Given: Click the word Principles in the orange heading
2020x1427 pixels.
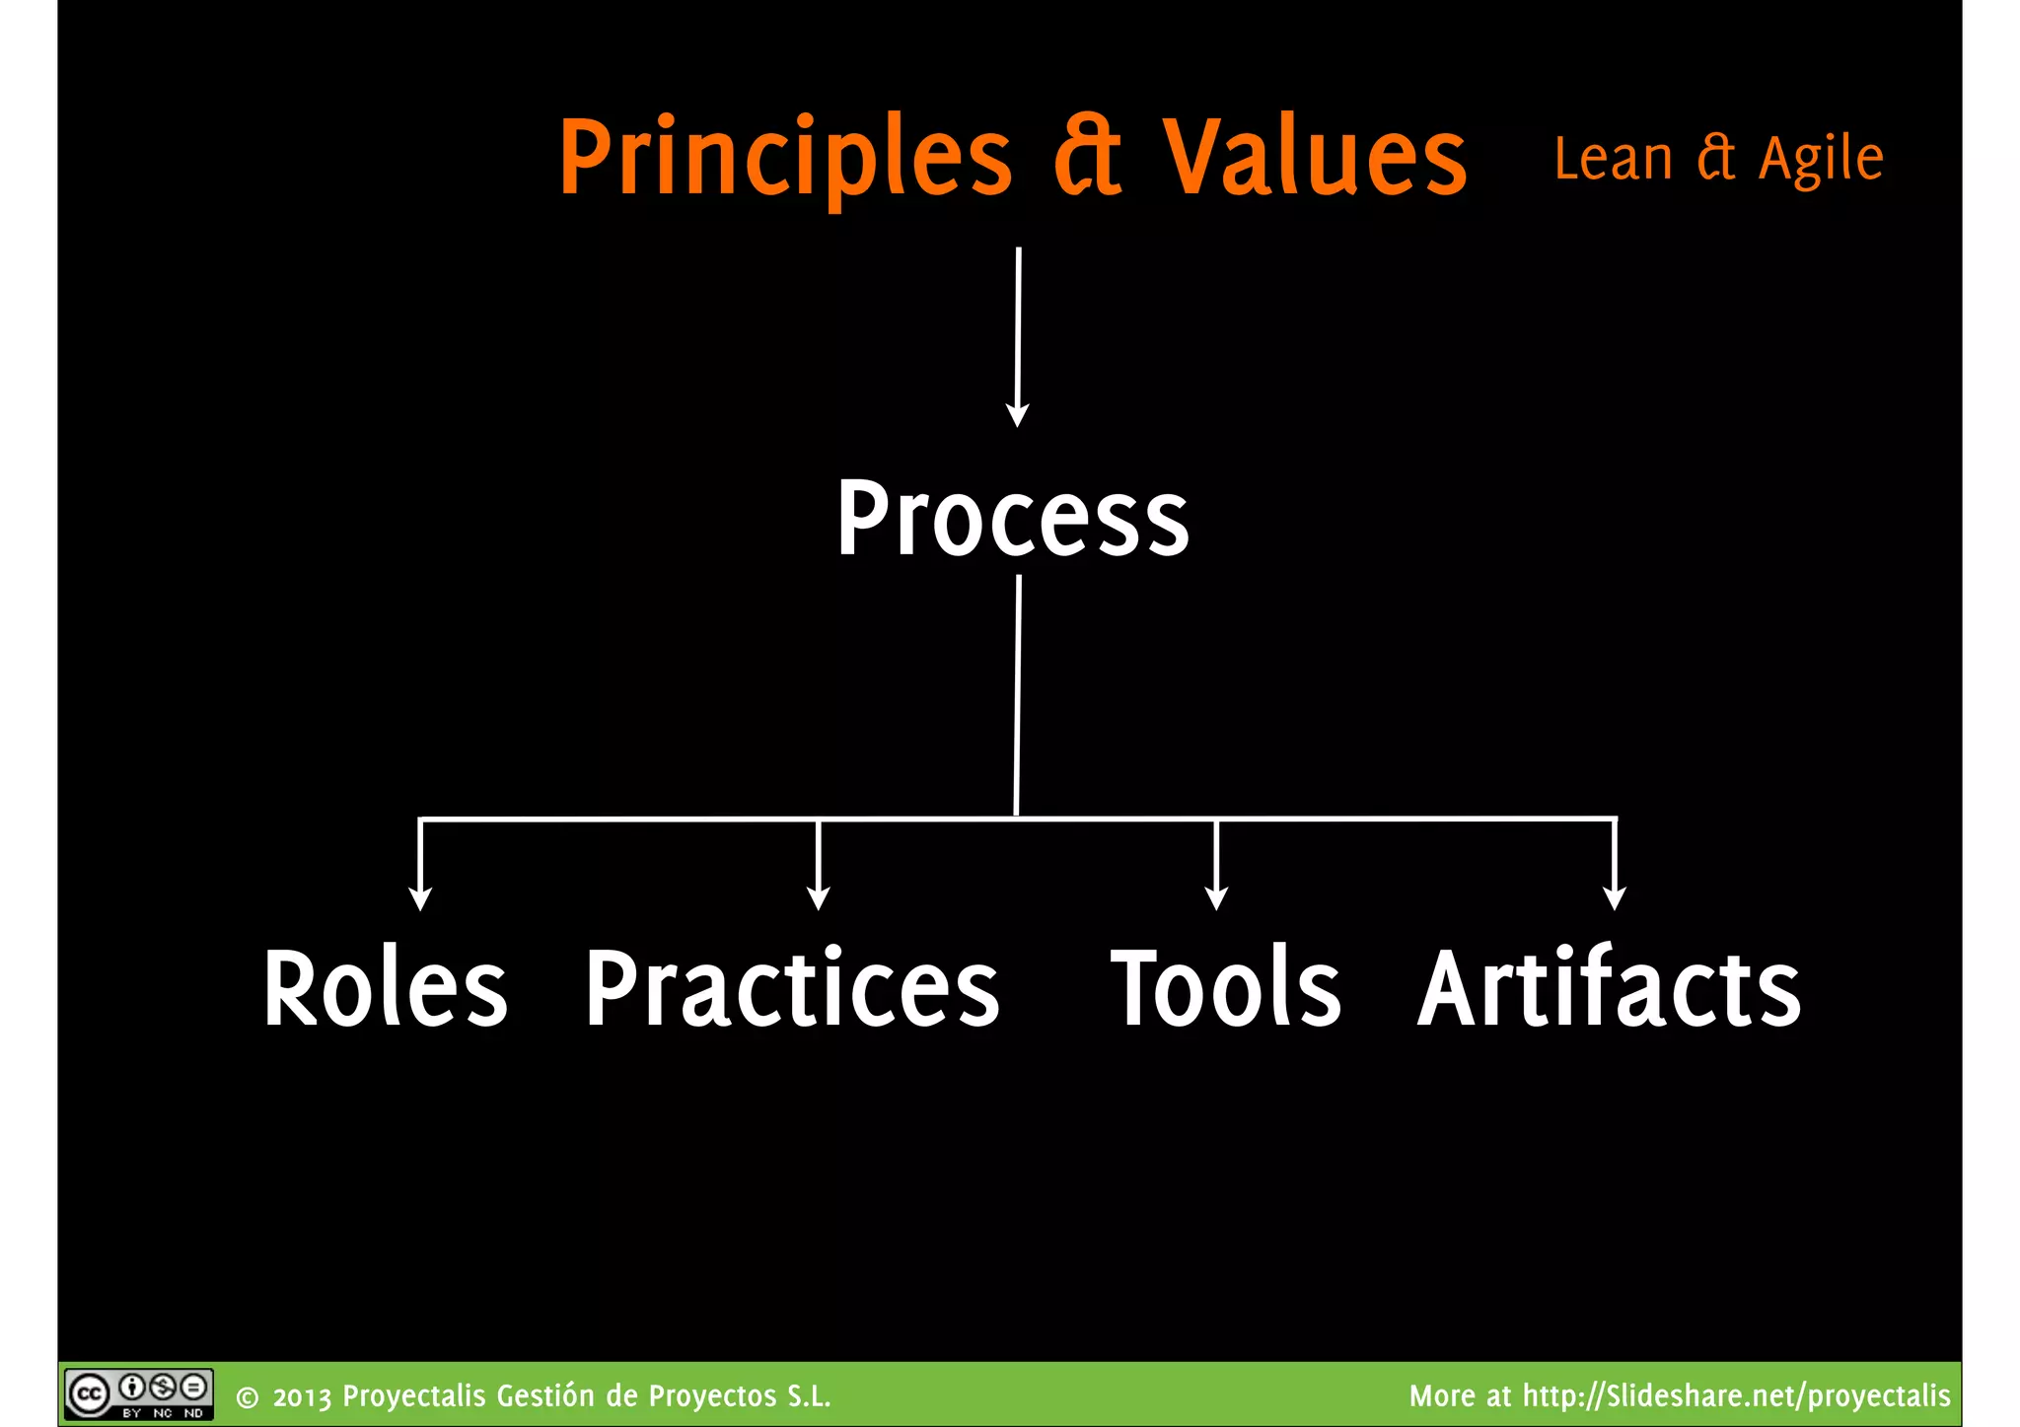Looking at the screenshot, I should (x=785, y=158).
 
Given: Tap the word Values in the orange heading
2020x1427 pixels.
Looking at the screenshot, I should (x=1315, y=158).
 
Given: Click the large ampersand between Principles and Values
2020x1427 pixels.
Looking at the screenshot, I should (x=1087, y=158).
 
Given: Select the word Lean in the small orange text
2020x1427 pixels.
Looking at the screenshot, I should (x=1613, y=160).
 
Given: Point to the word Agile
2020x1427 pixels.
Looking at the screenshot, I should (x=1821, y=160).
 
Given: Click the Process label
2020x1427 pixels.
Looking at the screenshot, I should (x=1013, y=519).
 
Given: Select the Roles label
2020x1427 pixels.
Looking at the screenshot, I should (x=386, y=988).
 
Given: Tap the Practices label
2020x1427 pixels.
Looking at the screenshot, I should (x=792, y=988).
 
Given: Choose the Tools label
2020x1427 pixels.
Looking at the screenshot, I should (x=1226, y=988).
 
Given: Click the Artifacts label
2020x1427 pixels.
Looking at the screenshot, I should (x=1609, y=988).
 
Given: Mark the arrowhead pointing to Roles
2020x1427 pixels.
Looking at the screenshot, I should (x=420, y=898).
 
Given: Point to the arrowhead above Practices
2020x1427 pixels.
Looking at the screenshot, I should (x=818, y=898).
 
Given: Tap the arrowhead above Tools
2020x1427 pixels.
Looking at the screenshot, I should (x=1216, y=898).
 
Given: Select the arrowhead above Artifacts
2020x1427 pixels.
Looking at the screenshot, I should (x=1614, y=898).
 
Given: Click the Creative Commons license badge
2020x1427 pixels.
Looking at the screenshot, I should (x=138, y=1393).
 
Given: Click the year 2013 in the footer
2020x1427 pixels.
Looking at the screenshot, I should (x=302, y=1397).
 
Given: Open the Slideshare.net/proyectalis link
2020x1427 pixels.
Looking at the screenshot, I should (x=1736, y=1395).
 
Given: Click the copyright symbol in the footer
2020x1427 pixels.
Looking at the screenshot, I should (x=248, y=1398).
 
